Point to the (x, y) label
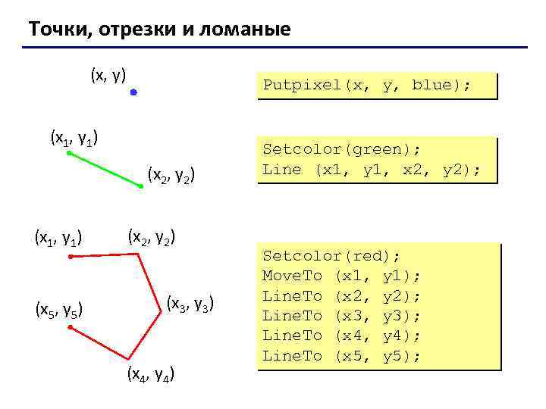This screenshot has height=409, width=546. [x=108, y=74]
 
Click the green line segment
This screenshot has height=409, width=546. [x=105, y=169]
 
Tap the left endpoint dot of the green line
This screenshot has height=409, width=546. [x=68, y=153]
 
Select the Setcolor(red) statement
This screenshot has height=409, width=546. [x=331, y=256]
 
